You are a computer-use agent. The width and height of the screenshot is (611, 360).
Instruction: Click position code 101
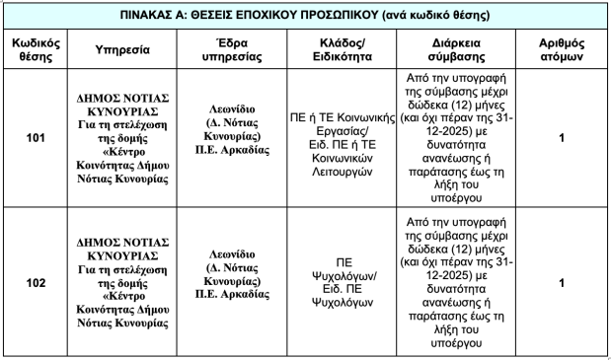click(x=36, y=138)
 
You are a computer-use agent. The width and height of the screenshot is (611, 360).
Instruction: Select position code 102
click(x=36, y=283)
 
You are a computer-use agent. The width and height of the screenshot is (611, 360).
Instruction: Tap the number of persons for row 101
click(x=561, y=138)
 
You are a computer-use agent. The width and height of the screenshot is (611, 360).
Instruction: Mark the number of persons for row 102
click(x=561, y=283)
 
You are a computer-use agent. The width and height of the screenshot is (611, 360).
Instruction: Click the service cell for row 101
click(x=123, y=138)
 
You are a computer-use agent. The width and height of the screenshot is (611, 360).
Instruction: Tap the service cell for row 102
click(x=123, y=283)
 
